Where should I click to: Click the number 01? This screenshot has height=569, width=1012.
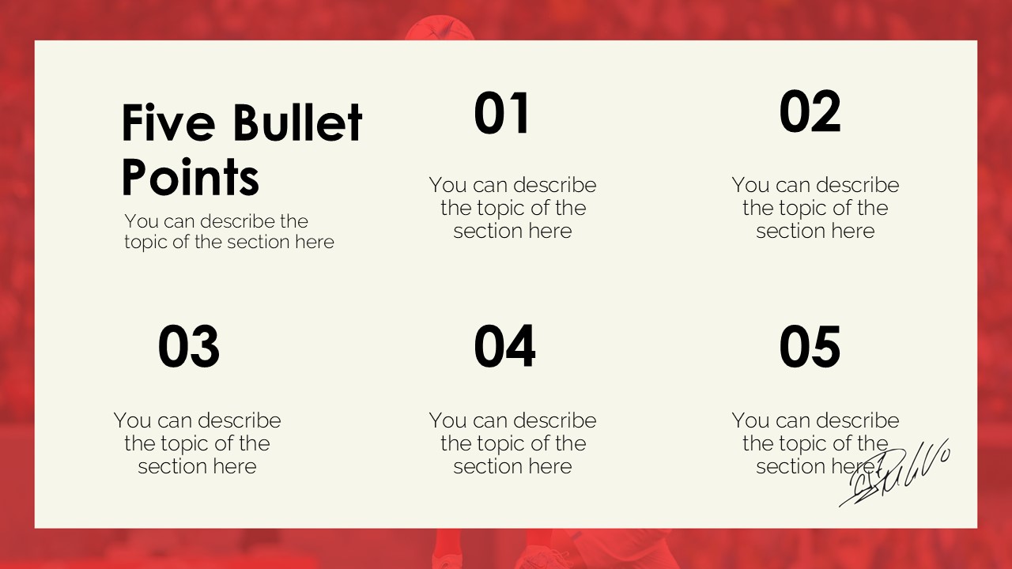pyautogui.click(x=501, y=114)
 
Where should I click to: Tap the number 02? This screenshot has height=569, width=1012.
pyautogui.click(x=810, y=112)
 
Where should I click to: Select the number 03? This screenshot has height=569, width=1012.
pyautogui.click(x=188, y=347)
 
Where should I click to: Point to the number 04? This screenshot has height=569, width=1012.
pyautogui.click(x=504, y=347)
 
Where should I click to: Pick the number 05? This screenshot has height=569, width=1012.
pyautogui.click(x=810, y=347)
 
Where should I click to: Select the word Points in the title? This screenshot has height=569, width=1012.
pyautogui.click(x=191, y=177)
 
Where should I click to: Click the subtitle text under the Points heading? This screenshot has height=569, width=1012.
pyautogui.click(x=228, y=232)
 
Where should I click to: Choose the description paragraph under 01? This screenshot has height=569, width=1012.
pyautogui.click(x=512, y=208)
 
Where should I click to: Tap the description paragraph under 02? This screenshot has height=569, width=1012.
pyautogui.click(x=815, y=208)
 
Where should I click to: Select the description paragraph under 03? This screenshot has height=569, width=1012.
pyautogui.click(x=197, y=443)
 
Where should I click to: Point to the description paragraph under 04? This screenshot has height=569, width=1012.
pyautogui.click(x=512, y=443)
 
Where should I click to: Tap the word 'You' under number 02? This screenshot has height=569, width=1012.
pyautogui.click(x=750, y=185)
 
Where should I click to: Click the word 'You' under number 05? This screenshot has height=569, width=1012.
pyautogui.click(x=750, y=420)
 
